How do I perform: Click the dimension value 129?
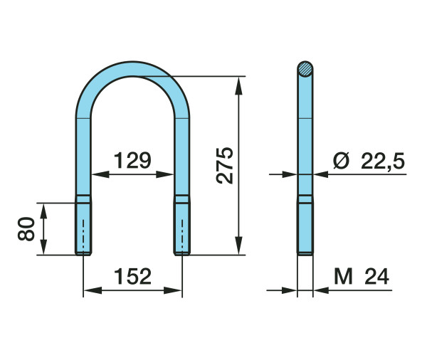pyautogui.click(x=132, y=160)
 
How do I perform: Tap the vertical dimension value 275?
pyautogui.click(x=225, y=166)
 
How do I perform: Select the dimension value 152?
pyautogui.click(x=132, y=276)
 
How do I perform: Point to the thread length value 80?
pyautogui.click(x=26, y=229)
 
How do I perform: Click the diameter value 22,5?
pyautogui.click(x=383, y=161)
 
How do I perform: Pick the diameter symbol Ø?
pyautogui.click(x=341, y=161)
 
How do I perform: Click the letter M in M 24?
pyautogui.click(x=343, y=276)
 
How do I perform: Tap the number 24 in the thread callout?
pyautogui.click(x=377, y=276)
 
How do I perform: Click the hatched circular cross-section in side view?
pyautogui.click(x=305, y=69)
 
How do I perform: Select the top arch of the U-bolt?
pyautogui.click(x=132, y=68)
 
